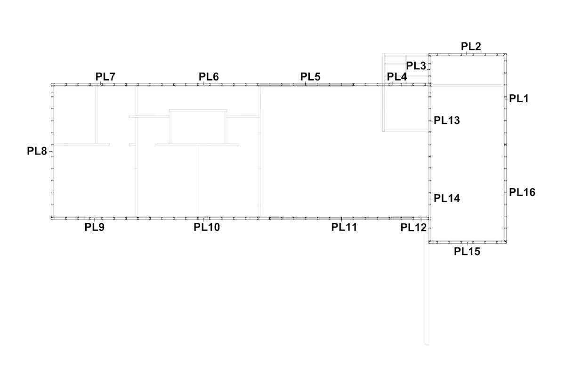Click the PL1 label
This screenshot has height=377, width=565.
click(x=518, y=98)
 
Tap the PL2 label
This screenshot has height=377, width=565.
click(x=471, y=46)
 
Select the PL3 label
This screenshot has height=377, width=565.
click(x=416, y=66)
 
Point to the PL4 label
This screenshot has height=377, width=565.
click(x=397, y=77)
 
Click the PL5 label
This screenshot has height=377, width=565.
click(x=310, y=76)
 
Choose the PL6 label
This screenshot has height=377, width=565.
click(x=209, y=76)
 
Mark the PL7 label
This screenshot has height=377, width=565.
click(x=105, y=76)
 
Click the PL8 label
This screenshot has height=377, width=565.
click(x=37, y=151)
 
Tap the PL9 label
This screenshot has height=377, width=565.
click(x=94, y=227)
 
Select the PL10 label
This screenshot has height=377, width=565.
click(x=207, y=227)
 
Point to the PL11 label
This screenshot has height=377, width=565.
click(x=344, y=227)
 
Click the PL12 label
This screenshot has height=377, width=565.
click(x=413, y=228)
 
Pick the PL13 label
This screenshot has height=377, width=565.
click(x=447, y=121)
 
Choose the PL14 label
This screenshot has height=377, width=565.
click(x=447, y=198)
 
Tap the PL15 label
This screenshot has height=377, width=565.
click(x=467, y=252)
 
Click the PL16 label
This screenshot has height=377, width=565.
click(x=522, y=192)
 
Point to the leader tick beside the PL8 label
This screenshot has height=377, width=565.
click(x=51, y=151)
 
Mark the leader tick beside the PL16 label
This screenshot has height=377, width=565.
click(x=506, y=193)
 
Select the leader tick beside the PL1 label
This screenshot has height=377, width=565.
click(x=506, y=99)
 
